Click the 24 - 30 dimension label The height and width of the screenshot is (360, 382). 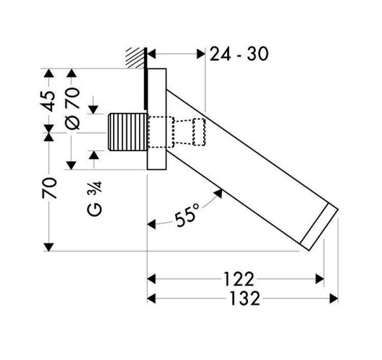pyautogui.click(x=239, y=54)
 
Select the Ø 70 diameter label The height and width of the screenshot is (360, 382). pyautogui.click(x=73, y=108)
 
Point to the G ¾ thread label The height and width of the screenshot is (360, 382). pyautogui.click(x=94, y=199)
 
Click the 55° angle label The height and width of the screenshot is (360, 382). pyautogui.click(x=187, y=215)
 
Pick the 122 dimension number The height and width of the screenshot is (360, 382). pyautogui.click(x=239, y=279)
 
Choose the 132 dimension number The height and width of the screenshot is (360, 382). pyautogui.click(x=245, y=298)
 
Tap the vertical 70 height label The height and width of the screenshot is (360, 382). pyautogui.click(x=50, y=188)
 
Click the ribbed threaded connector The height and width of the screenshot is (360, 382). pyautogui.click(x=128, y=132)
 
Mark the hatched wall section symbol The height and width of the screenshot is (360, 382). pyautogui.click(x=135, y=58)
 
